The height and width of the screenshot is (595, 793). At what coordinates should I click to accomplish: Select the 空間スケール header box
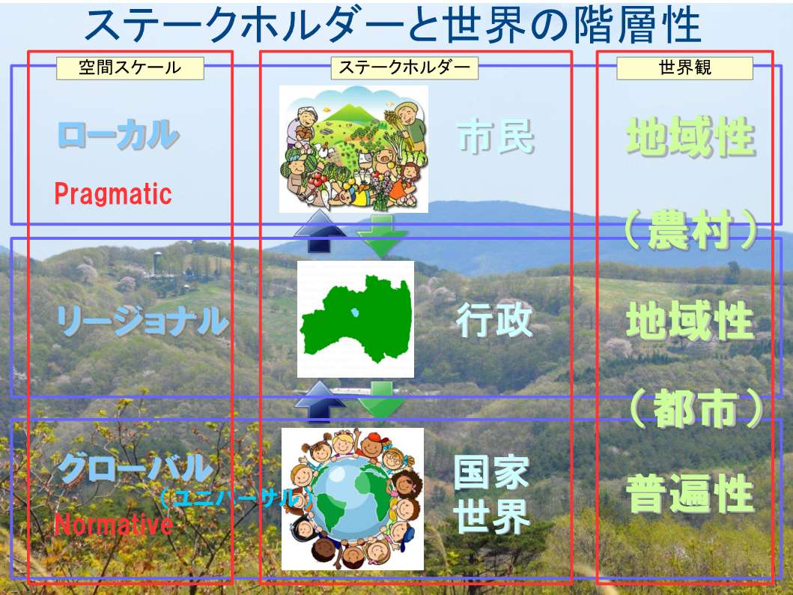coord(130,67)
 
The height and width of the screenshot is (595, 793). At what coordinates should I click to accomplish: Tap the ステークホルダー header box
coord(404,67)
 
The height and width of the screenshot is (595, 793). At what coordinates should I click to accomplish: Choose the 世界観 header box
coord(684,67)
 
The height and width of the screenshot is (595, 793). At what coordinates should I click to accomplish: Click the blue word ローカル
coord(118,135)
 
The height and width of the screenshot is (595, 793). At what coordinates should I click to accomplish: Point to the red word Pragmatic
coord(113,194)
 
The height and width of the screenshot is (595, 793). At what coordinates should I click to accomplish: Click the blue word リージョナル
coord(142,321)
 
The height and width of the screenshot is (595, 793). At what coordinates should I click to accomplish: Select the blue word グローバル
coord(135,468)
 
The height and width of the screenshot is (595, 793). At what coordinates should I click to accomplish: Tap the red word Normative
coord(114,524)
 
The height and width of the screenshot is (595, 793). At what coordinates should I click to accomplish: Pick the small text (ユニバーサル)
coord(236,498)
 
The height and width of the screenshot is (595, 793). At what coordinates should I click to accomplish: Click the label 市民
coord(496,137)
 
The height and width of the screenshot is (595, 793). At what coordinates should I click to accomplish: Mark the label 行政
coord(495,320)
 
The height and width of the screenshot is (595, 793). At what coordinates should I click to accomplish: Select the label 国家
coord(491,472)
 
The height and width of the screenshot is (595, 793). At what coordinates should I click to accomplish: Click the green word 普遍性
coord(690,494)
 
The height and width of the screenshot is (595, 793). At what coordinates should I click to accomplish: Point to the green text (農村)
coord(691,230)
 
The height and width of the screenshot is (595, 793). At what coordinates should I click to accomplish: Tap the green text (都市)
coord(696,409)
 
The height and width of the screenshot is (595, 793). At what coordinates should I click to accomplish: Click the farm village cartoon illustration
coord(353,148)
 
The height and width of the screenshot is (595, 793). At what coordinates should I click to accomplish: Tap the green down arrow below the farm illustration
coord(383,235)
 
